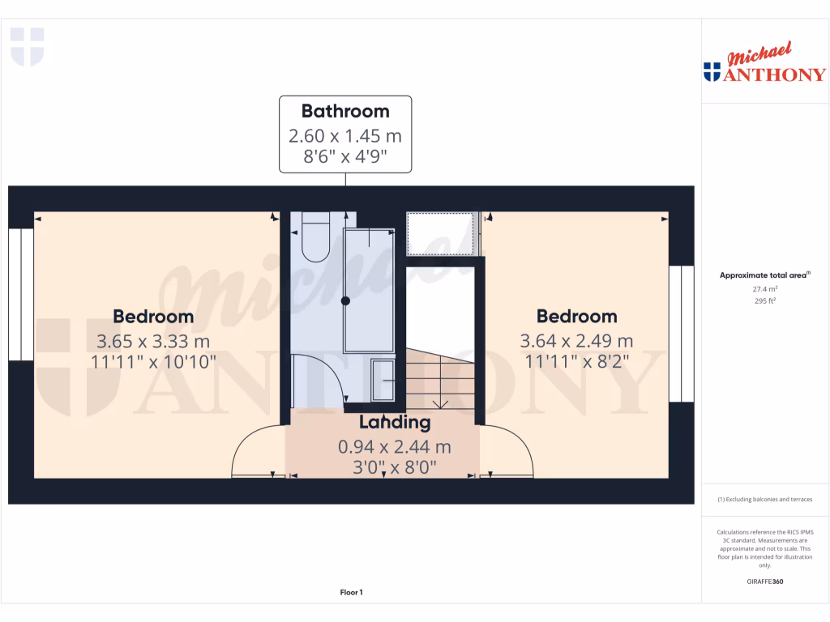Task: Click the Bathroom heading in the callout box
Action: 345,111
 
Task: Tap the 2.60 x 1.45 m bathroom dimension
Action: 345,135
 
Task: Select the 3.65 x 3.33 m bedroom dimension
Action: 153,341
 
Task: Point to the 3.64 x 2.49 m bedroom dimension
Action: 576,341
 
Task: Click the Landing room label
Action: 395,422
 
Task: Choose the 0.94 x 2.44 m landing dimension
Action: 395,446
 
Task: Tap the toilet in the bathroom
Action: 314,237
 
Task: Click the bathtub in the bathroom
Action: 369,290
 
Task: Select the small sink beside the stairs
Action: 383,381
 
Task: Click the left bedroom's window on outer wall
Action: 21,294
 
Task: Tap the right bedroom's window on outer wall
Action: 682,334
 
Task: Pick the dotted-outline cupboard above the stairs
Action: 441,234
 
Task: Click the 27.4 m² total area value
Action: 764,288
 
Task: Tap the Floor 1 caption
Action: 351,593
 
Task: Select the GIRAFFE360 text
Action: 764,582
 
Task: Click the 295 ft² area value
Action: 764,300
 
